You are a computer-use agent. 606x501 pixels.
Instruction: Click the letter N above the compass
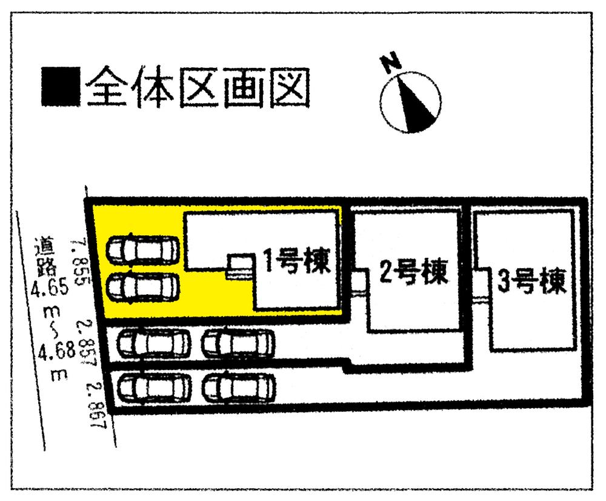(391, 62)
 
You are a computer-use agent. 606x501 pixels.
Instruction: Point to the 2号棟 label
(414, 274)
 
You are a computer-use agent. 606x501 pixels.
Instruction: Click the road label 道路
(44, 254)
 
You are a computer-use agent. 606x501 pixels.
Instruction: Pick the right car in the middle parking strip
(238, 344)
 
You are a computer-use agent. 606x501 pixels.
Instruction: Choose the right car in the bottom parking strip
(238, 386)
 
